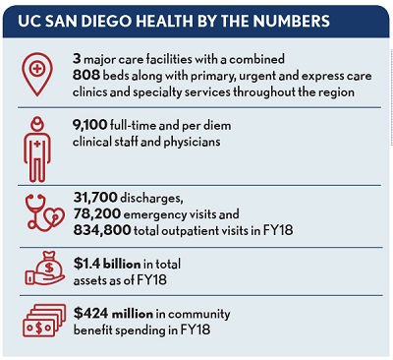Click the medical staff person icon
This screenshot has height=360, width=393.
[x=37, y=150]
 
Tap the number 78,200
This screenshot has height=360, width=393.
[x=99, y=213]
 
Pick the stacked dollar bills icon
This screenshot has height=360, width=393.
[x=37, y=319]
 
